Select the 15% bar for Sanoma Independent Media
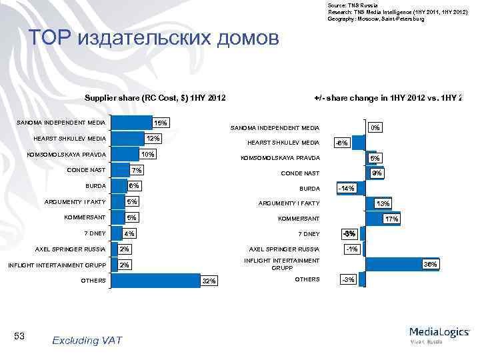(129, 123)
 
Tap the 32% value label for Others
(209, 281)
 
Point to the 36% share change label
(431, 265)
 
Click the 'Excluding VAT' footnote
(87, 340)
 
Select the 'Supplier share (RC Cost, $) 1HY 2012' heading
(155, 99)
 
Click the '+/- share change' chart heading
(387, 99)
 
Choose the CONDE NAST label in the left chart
(86, 169)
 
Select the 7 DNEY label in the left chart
(93, 233)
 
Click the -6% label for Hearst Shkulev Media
(341, 143)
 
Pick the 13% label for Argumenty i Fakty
(383, 203)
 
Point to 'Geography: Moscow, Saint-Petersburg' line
(375, 19)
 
